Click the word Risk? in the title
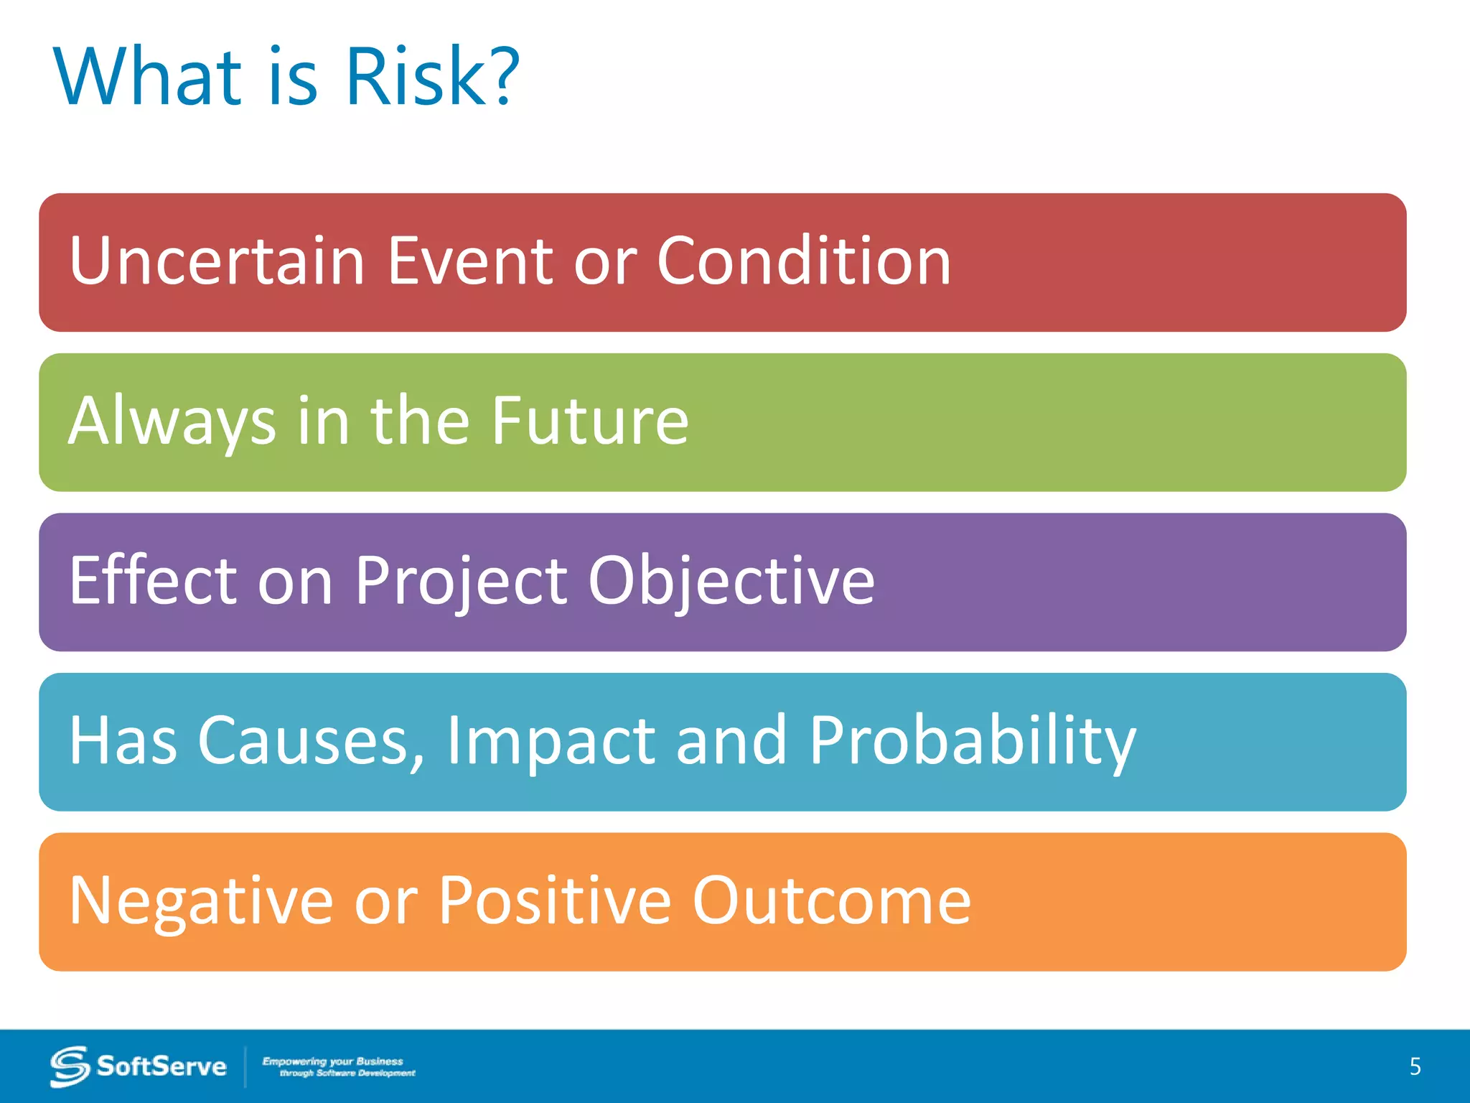coord(431,76)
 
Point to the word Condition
coord(804,261)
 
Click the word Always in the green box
coord(172,422)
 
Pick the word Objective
coord(731,582)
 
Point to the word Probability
coord(972,743)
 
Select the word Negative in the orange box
coord(201,902)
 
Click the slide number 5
coord(1415,1066)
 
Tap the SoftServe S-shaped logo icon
coord(70,1066)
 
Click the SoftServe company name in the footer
coord(161,1066)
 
